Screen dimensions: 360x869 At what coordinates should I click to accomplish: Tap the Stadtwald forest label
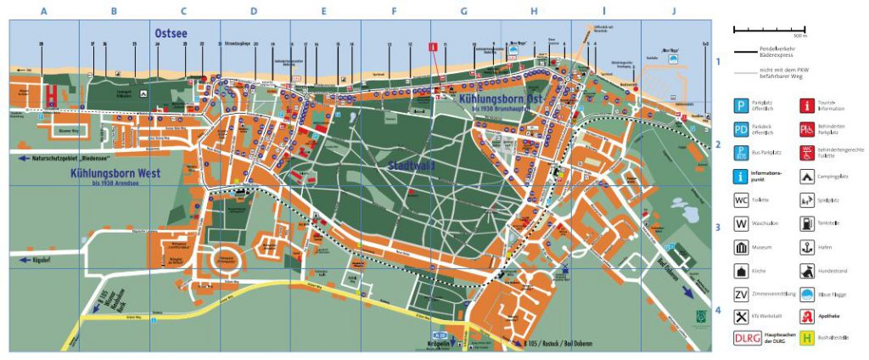(411, 165)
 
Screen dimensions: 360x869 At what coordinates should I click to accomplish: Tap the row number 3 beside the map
(717, 228)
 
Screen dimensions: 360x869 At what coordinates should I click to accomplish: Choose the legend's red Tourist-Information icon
(805, 105)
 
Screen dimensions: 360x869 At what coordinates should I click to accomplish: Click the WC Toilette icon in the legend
(742, 201)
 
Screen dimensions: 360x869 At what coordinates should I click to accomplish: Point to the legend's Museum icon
(742, 248)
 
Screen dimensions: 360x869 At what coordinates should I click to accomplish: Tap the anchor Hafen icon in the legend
(805, 248)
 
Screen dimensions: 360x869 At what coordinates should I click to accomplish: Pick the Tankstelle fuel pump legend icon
(805, 224)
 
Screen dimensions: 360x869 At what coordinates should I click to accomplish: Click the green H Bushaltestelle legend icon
(805, 338)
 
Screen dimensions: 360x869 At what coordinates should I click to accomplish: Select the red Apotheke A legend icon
(805, 316)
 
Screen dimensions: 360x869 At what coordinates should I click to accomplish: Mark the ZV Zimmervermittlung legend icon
(742, 294)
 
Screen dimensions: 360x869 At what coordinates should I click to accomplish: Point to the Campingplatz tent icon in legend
(805, 177)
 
